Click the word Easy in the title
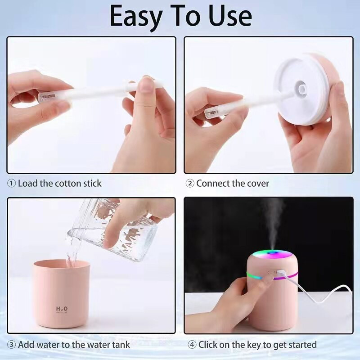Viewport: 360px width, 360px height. pyautogui.click(x=135, y=17)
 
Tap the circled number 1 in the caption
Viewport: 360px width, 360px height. pyautogui.click(x=11, y=184)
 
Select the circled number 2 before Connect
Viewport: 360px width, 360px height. pyautogui.click(x=190, y=184)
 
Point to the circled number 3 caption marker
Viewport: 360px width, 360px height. pyautogui.click(x=11, y=345)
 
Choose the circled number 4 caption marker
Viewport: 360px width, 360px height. pyautogui.click(x=192, y=345)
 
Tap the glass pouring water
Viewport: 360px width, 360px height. pyautogui.click(x=112, y=229)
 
